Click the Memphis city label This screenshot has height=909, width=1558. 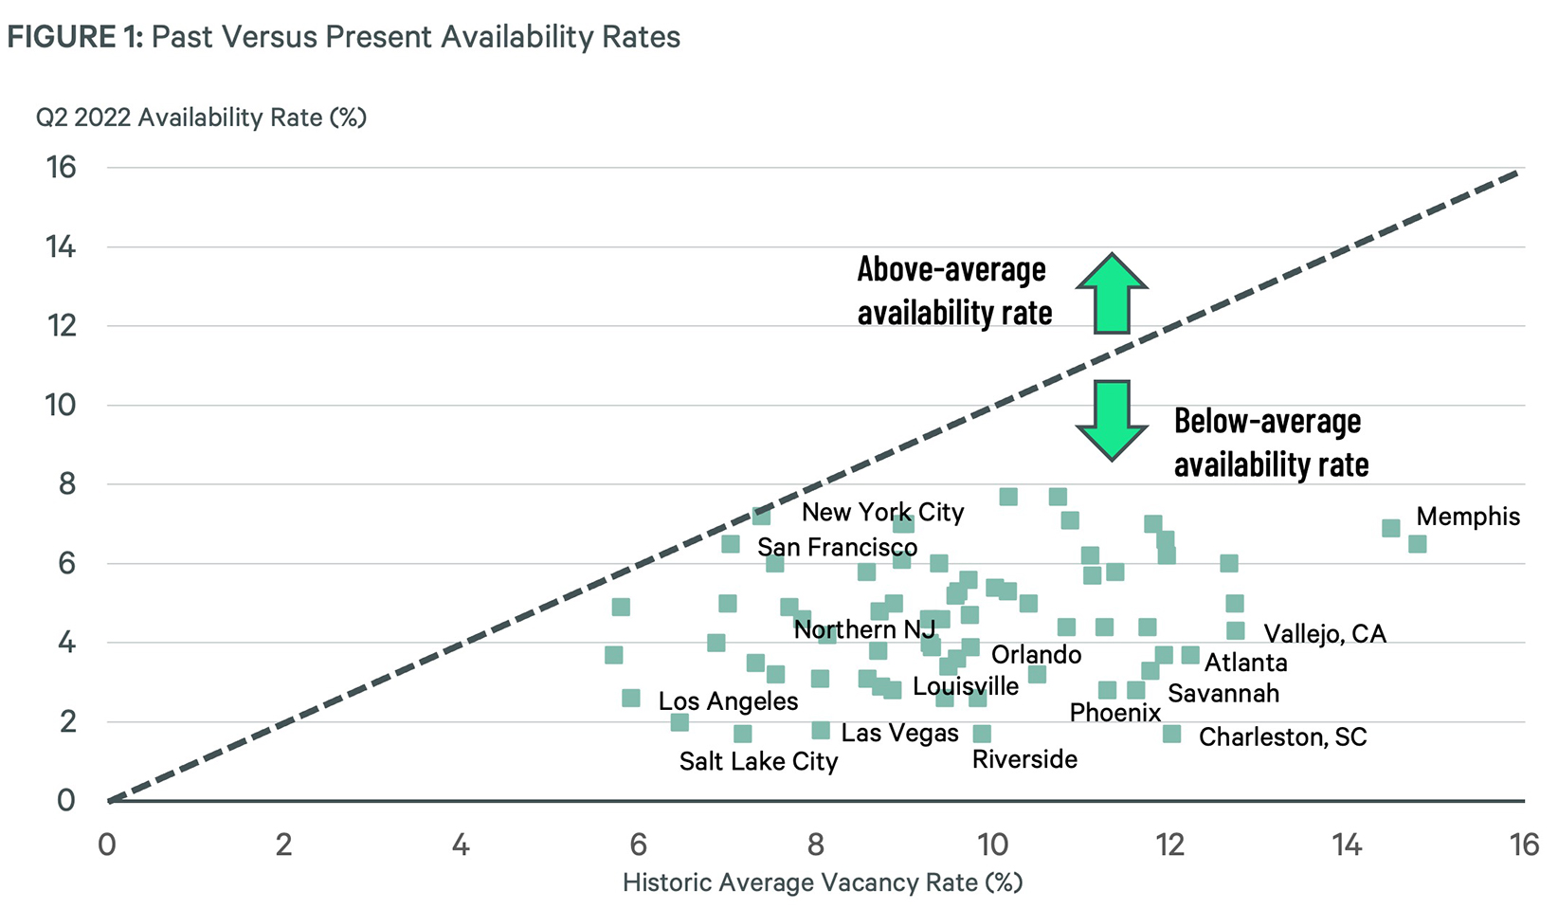(x=1467, y=517)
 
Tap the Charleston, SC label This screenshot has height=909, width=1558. (x=1282, y=736)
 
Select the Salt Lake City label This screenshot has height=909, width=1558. (x=758, y=761)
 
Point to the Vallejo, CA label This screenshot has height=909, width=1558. (x=1324, y=633)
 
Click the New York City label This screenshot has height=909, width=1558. (x=882, y=512)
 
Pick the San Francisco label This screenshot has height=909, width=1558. (x=837, y=547)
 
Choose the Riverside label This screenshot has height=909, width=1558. (x=1024, y=759)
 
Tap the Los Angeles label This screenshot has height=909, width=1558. (x=728, y=700)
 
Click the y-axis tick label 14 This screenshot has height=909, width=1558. (x=61, y=247)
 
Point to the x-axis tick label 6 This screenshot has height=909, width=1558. (x=638, y=845)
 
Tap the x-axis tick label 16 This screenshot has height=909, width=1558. (x=1524, y=845)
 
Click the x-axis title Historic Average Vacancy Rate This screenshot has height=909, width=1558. (x=823, y=882)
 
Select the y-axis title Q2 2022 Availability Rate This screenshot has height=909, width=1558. (x=201, y=118)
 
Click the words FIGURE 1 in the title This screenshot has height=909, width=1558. (x=75, y=37)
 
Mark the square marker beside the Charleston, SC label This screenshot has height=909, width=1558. (x=1171, y=734)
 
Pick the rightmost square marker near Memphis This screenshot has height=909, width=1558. (x=1417, y=544)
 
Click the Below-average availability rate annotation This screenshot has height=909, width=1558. (x=1270, y=443)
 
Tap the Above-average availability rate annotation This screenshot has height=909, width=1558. (x=953, y=291)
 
